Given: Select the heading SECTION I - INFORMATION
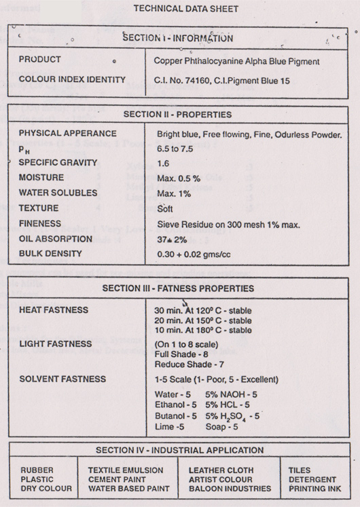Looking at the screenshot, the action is coord(177,38).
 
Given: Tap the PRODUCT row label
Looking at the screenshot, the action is coord(39,60).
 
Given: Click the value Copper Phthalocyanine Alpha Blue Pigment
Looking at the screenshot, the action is coord(237,61).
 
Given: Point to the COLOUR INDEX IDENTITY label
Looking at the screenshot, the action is coord(72,79).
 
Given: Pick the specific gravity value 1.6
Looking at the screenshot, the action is coord(163,164).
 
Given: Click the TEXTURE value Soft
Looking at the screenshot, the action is coord(165,208).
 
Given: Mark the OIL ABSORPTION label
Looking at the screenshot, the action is coord(56,239).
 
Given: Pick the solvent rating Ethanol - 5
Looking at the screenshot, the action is coord(176,404).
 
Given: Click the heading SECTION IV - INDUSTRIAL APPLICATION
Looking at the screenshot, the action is coord(180,450).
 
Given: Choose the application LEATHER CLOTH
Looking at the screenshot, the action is coord(221,470).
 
